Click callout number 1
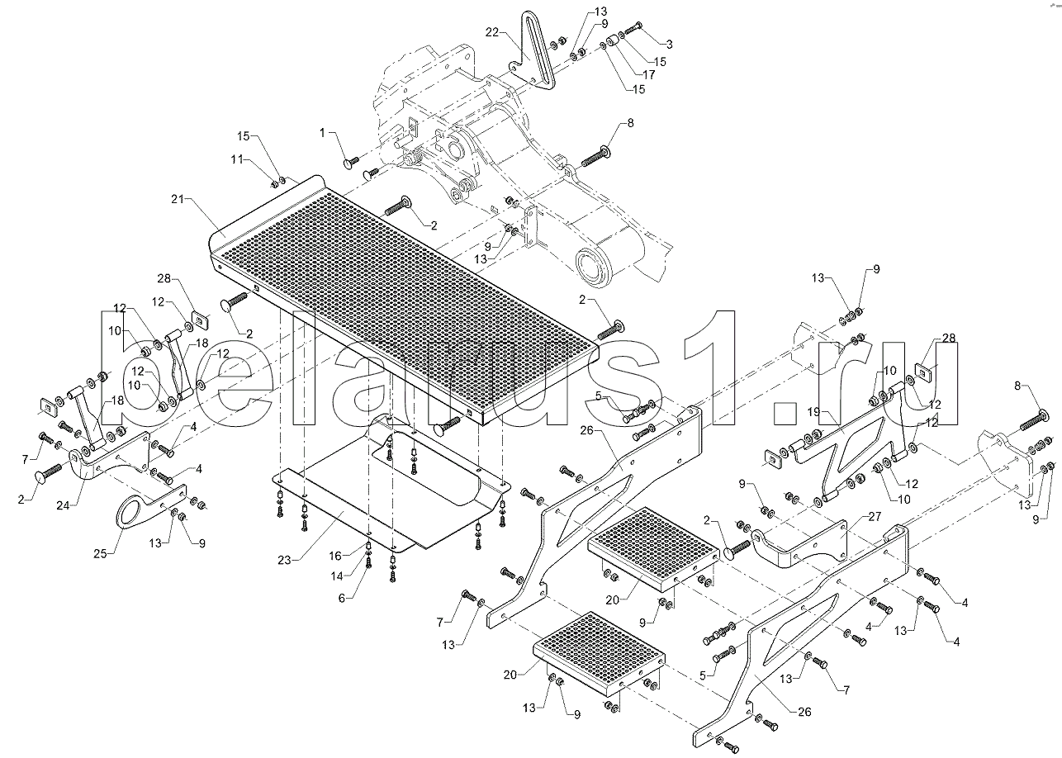coord(323,133)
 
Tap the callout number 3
coord(669,45)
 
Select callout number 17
coord(648,75)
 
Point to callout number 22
coord(492,32)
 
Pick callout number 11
coord(238,159)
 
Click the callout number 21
coord(178,199)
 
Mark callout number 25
coord(100,553)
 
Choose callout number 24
coord(63,506)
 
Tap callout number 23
coord(284,561)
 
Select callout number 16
coord(335,556)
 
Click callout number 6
coord(342,599)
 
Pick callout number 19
coord(813,412)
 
